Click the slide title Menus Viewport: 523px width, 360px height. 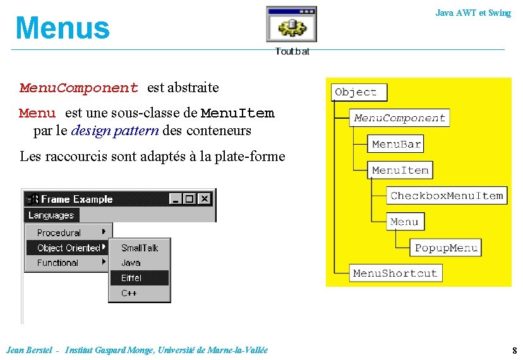[x=63, y=28]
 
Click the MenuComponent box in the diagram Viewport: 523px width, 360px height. [x=399, y=118]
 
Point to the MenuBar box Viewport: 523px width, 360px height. [x=396, y=144]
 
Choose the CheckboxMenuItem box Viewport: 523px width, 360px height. [x=447, y=196]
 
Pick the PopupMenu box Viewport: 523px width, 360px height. [x=446, y=248]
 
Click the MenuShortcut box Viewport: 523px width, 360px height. [x=395, y=273]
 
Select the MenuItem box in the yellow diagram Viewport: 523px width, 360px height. [x=400, y=170]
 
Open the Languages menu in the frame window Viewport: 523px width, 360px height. [x=51, y=215]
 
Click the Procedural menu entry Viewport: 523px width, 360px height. [x=59, y=232]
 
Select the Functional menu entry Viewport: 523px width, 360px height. [x=57, y=263]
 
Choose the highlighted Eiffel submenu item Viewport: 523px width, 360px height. [x=131, y=278]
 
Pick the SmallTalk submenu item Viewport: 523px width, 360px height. [x=139, y=248]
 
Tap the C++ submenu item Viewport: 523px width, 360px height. [x=129, y=293]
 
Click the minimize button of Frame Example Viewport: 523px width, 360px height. [x=175, y=199]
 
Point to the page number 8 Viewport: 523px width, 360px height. [x=514, y=350]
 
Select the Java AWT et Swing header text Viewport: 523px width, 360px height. [x=472, y=13]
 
